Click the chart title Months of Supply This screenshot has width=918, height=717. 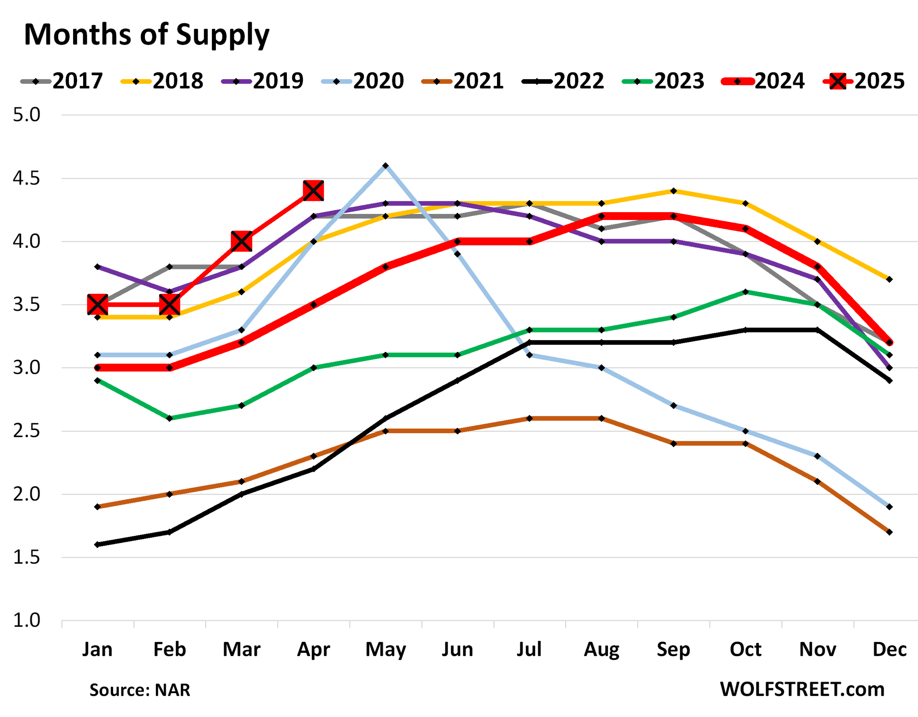pos(146,34)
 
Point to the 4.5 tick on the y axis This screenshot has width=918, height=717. pos(26,178)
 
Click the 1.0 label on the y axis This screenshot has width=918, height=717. pos(26,620)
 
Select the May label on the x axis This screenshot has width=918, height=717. pos(385,649)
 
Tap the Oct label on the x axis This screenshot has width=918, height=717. pos(745,649)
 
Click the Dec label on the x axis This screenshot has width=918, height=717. pos(889,649)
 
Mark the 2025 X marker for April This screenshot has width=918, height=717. pos(313,191)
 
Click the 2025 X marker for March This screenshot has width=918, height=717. pos(242,242)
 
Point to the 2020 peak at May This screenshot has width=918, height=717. pos(385,166)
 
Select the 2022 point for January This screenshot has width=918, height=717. pos(98,545)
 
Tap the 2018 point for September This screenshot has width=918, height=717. pos(673,191)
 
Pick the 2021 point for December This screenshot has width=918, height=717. pos(889,532)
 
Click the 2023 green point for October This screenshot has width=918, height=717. pos(745,292)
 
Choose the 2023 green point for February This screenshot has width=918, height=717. pos(169,419)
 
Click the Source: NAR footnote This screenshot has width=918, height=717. pos(139,690)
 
